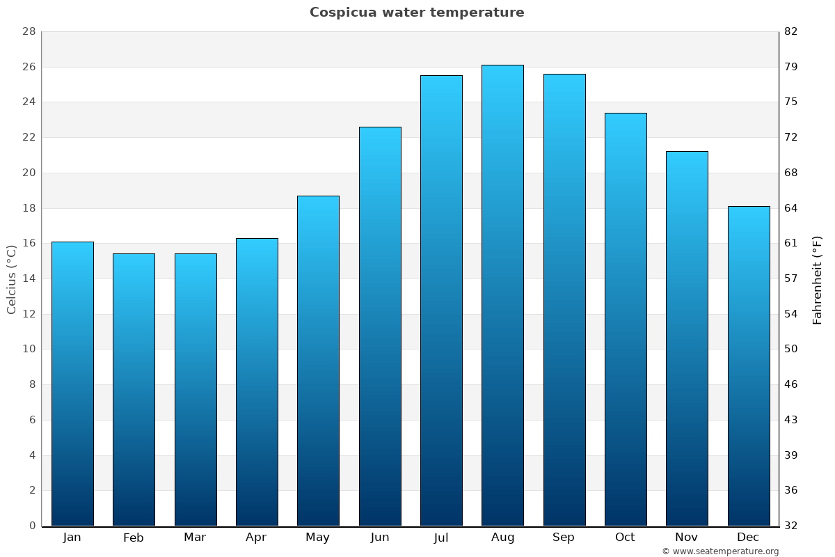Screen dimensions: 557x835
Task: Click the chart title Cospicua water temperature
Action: (417, 13)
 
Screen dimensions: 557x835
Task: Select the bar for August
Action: (502, 295)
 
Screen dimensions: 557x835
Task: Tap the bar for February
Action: (134, 390)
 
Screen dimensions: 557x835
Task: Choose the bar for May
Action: (318, 361)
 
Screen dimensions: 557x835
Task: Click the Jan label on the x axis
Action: (72, 538)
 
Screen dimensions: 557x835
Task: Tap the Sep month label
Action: (564, 538)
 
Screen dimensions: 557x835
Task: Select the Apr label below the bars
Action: (256, 538)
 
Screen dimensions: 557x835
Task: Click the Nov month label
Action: (687, 538)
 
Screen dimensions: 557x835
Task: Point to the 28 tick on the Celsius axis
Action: (29, 32)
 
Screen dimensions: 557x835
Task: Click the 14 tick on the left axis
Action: (29, 279)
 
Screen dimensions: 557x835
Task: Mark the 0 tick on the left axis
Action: (32, 526)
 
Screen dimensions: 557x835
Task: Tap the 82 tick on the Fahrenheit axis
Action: (791, 32)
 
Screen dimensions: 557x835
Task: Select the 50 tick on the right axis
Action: (791, 350)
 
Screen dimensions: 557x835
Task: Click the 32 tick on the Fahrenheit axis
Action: (791, 526)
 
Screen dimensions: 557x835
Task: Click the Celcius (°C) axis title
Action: (12, 279)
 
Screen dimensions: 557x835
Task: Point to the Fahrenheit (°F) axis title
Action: (818, 279)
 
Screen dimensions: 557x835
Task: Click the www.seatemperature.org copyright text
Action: (720, 551)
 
